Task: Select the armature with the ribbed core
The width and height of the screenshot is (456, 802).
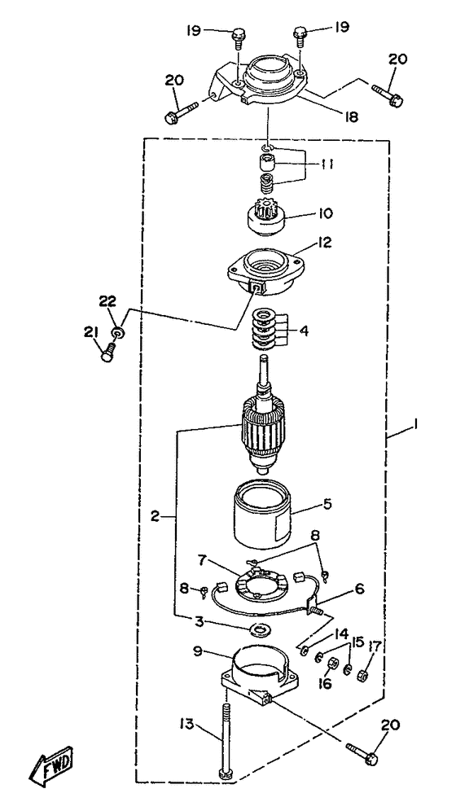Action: coord(261,415)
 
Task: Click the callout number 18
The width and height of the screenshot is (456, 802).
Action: coord(351,117)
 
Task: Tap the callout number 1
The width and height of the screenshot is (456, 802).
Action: coord(416,424)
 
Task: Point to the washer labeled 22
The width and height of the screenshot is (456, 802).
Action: coord(118,334)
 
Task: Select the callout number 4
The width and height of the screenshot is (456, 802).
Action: coord(304,331)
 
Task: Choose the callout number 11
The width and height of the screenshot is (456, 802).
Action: coord(327,164)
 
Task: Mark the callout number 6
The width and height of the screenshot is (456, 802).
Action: coord(359,589)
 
